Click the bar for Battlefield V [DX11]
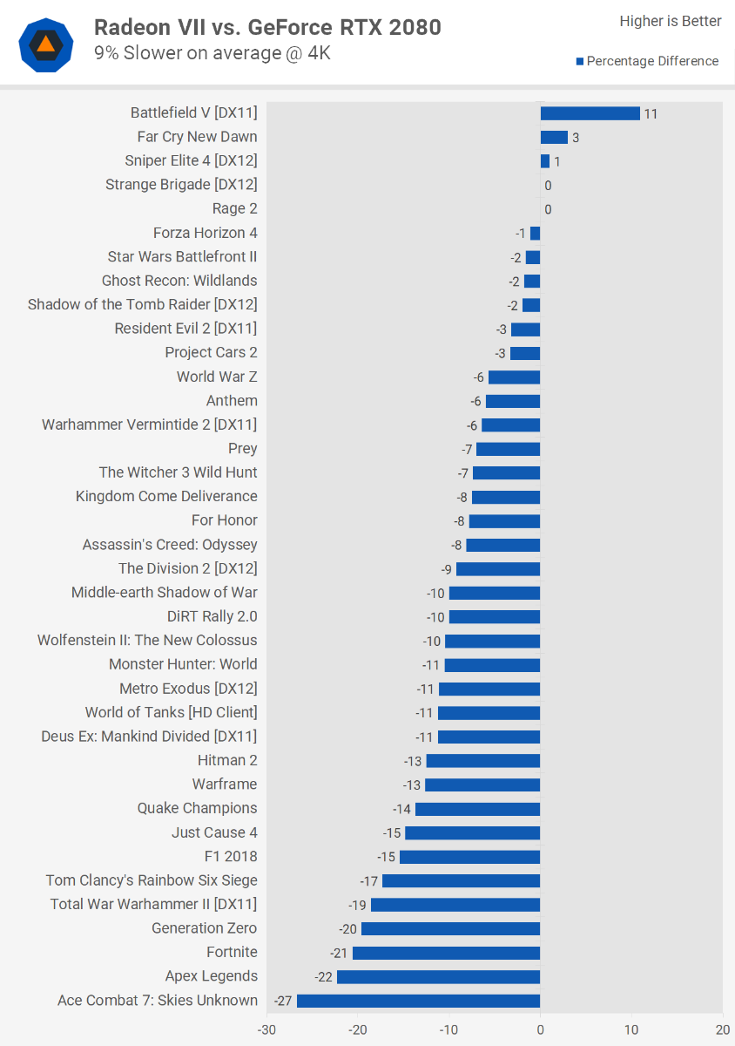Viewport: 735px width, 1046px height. pos(590,113)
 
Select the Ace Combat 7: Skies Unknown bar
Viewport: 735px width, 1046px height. pos(418,1001)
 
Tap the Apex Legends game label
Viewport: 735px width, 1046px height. pos(212,976)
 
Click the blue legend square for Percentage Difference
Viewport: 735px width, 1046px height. pos(579,61)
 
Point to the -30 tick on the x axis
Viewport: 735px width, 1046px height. pos(266,1029)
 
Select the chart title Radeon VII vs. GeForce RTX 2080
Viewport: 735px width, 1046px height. pos(267,28)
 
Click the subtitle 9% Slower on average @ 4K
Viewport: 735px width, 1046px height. pos(212,53)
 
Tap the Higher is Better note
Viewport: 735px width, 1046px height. pos(670,21)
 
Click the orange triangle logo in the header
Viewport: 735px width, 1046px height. pos(46,44)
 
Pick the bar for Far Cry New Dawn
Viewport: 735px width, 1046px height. pos(554,137)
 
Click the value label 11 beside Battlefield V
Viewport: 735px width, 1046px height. pos(651,114)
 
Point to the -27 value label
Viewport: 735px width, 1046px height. pos(282,1001)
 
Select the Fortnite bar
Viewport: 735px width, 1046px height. pos(446,953)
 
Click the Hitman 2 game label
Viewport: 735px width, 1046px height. pos(227,760)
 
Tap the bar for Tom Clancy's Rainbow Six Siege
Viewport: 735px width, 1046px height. pos(461,880)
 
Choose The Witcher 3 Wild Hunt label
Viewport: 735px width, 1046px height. pos(179,472)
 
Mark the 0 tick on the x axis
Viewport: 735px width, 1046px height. pos(540,1029)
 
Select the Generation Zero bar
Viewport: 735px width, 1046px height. pos(450,928)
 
